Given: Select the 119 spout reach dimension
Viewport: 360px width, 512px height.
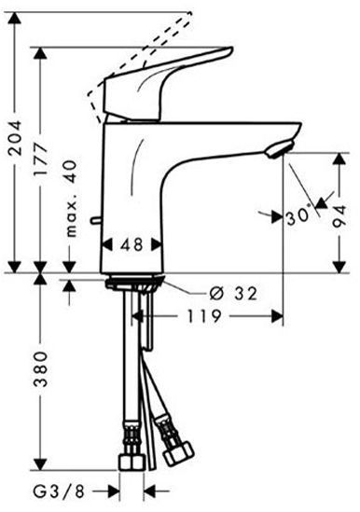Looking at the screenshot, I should point(201,317).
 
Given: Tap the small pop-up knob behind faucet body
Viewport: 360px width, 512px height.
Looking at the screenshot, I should point(94,221).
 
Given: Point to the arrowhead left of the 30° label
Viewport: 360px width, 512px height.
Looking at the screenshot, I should point(276,216).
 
